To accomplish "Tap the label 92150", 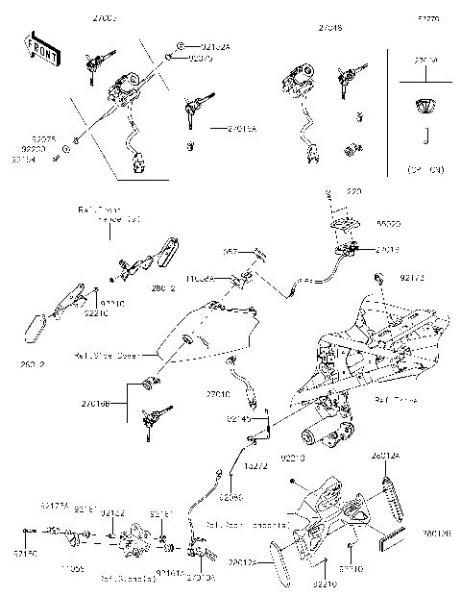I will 29,555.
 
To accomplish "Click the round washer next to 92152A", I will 180,46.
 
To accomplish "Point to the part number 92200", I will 33,150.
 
